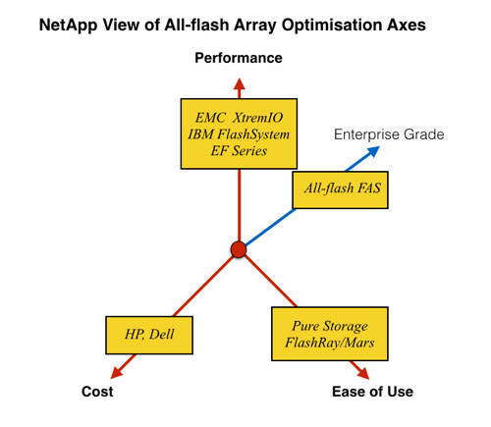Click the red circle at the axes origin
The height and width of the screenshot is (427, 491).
(x=238, y=249)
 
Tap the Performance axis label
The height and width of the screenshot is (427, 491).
(x=238, y=59)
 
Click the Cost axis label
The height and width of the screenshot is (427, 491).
(x=97, y=392)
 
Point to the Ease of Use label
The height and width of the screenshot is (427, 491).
(x=370, y=392)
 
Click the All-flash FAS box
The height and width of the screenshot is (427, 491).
(x=341, y=190)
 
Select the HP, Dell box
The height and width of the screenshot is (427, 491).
(x=147, y=334)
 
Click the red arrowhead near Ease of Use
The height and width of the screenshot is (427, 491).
(x=362, y=373)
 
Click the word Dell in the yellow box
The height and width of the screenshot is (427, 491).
(x=164, y=334)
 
